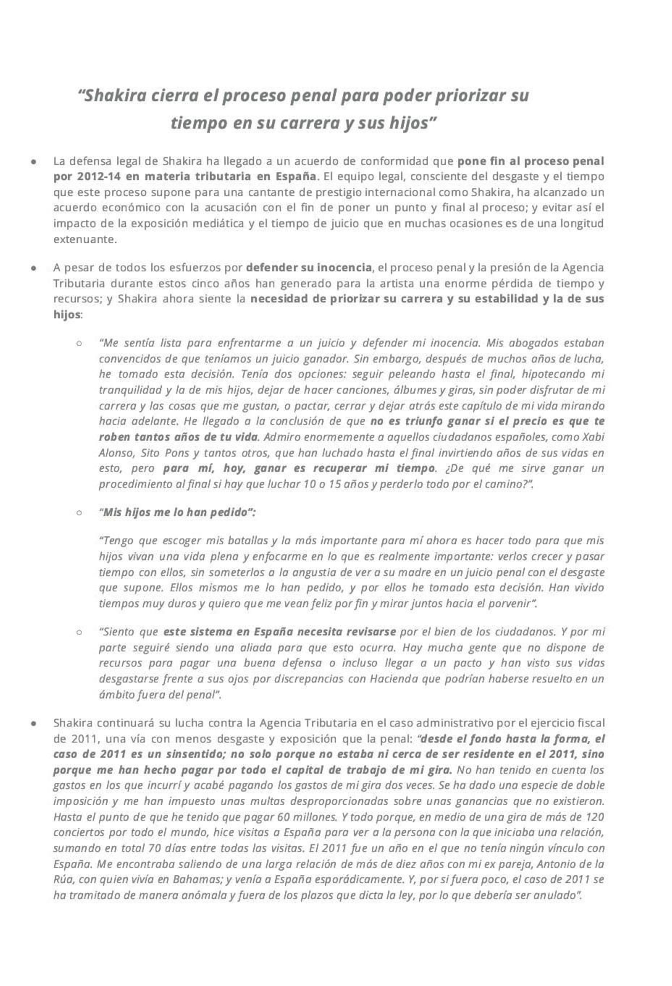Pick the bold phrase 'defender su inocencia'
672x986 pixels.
tap(309, 268)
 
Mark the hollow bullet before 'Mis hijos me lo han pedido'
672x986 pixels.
tap(79, 512)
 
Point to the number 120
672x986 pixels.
tap(594, 817)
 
